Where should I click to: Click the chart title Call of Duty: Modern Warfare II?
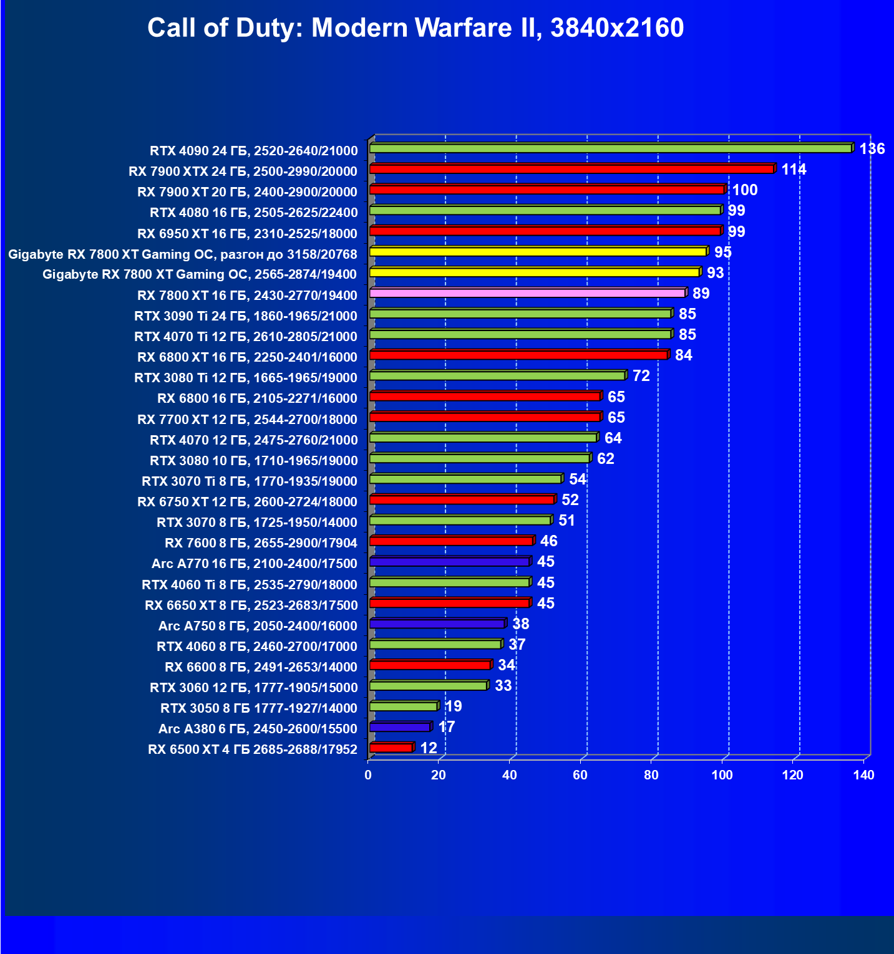415,28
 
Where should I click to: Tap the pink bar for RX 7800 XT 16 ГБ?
527,293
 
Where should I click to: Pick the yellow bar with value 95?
538,252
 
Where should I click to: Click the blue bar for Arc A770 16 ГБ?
449,562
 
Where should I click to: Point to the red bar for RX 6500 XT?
391,748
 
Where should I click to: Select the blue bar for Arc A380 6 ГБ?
400,727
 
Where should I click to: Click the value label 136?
872,149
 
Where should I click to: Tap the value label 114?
794,170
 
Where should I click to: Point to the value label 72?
641,376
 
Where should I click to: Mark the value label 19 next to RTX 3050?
453,706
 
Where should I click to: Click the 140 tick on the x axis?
864,775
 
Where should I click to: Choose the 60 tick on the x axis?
580,775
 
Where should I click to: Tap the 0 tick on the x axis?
368,775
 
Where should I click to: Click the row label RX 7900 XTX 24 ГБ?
243,171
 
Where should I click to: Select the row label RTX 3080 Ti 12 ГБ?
246,378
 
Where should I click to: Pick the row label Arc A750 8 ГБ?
258,626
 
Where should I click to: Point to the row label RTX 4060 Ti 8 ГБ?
250,585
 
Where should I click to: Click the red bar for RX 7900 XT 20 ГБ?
547,190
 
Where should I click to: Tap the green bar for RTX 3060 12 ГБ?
428,686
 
